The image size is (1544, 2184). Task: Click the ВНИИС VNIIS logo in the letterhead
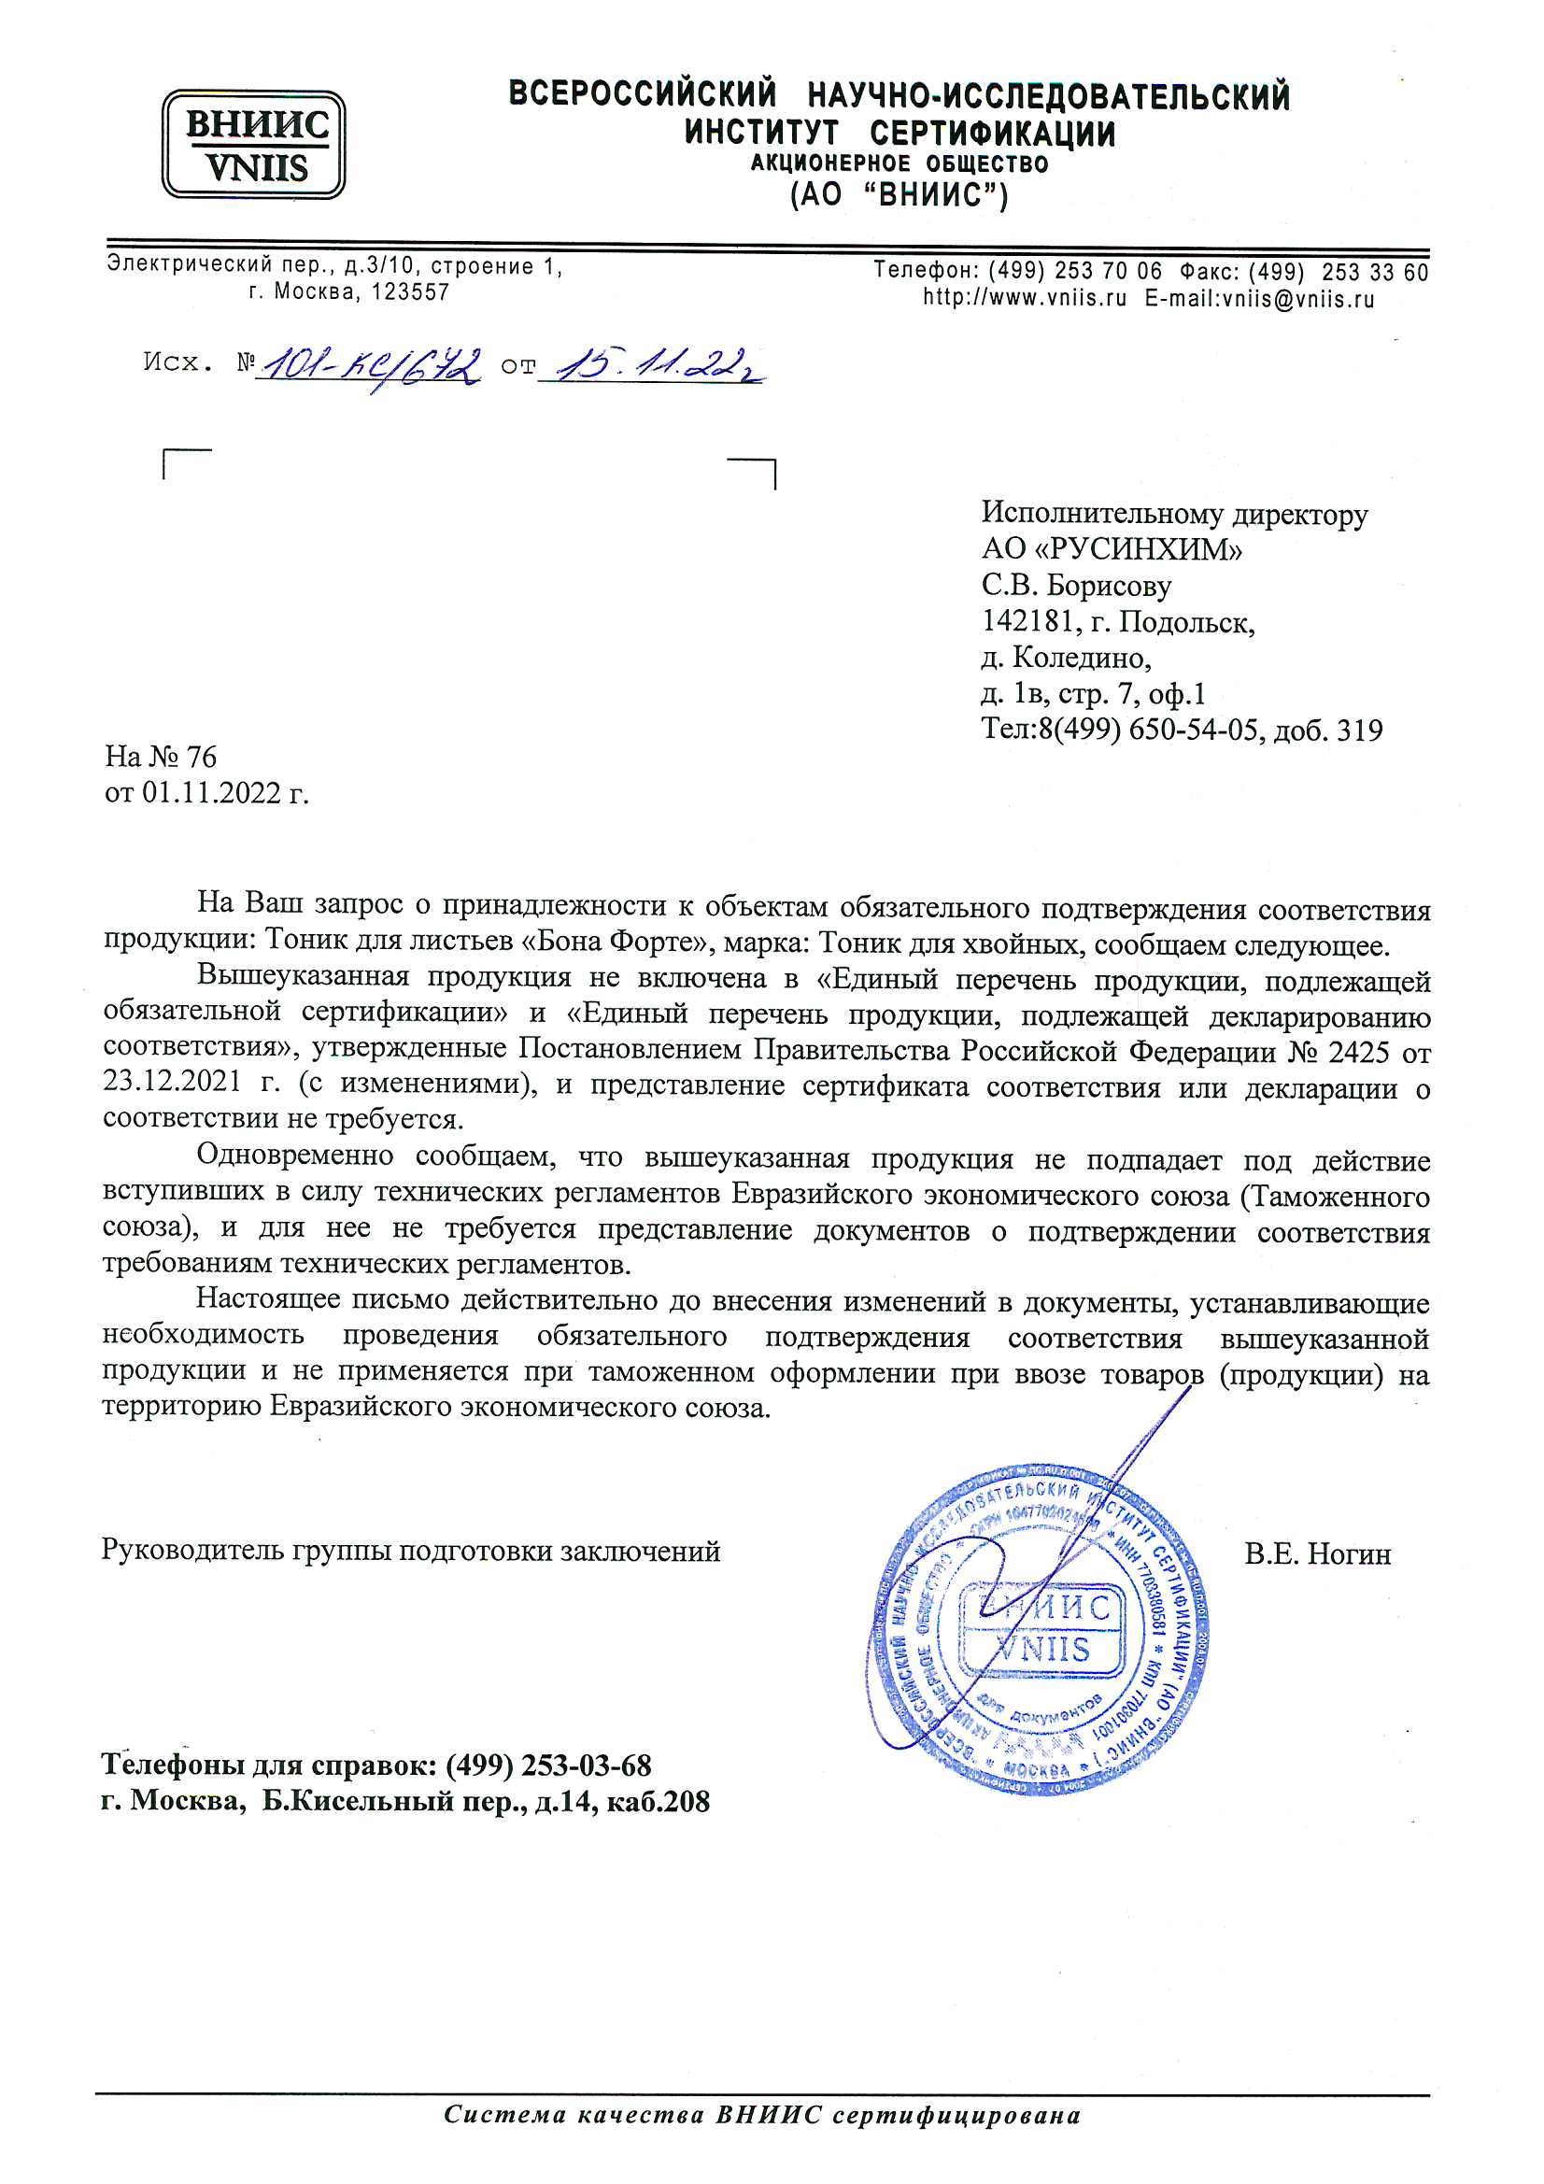(253, 145)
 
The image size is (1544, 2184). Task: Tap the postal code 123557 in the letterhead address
(410, 292)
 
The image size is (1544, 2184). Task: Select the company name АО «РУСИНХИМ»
(1112, 550)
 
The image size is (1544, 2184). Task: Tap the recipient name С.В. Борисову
(1076, 586)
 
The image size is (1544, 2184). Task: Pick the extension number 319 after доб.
(1359, 730)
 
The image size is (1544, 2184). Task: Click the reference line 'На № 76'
(161, 757)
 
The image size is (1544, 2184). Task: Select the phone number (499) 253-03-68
(548, 1766)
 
